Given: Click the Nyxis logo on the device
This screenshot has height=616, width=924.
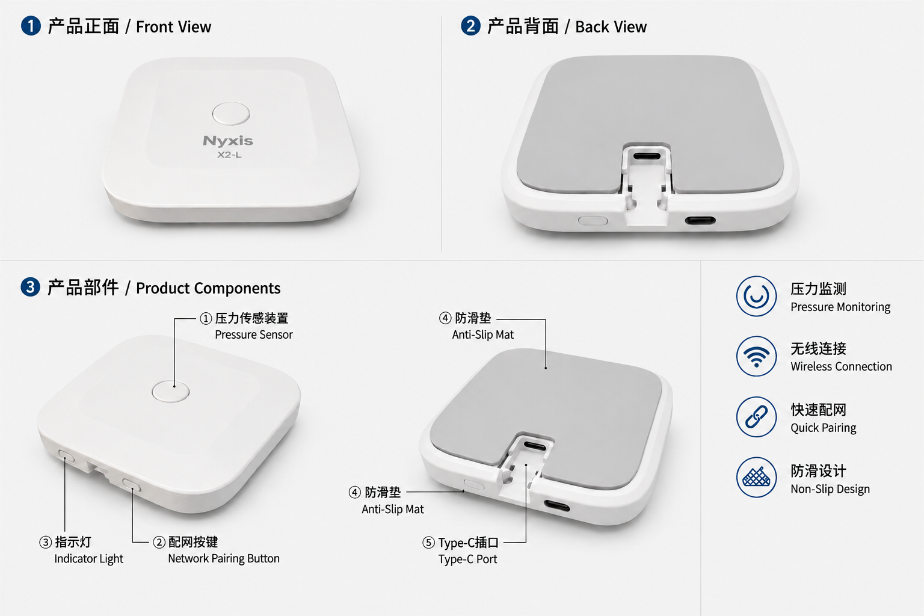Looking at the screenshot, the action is (x=228, y=141).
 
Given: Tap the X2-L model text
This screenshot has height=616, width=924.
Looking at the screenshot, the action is (x=229, y=155).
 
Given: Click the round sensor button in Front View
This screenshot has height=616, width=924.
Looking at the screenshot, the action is (x=231, y=114).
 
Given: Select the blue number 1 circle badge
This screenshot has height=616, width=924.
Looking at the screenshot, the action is (x=31, y=26).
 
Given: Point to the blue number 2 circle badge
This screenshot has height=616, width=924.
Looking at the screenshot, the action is (x=470, y=26).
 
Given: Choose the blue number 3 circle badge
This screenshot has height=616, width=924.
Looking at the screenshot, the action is (x=31, y=287).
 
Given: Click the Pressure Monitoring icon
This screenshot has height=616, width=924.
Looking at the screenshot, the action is (x=756, y=296).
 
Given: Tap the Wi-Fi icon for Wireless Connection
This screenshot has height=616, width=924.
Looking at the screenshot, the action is (x=756, y=356).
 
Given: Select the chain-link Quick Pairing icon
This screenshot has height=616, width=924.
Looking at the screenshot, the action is (x=756, y=417).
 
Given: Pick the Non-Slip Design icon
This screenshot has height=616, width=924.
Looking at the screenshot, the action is (x=756, y=478).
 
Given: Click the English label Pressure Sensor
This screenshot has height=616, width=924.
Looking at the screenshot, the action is (x=254, y=334).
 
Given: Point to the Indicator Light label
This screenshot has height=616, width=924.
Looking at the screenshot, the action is (x=88, y=559).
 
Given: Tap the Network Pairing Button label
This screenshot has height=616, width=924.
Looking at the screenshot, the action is (x=224, y=559).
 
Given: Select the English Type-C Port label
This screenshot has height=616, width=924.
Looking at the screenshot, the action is (x=467, y=559).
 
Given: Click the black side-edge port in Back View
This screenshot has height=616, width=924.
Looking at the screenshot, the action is (x=700, y=221).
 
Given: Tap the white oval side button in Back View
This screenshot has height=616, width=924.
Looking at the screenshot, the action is (x=593, y=221).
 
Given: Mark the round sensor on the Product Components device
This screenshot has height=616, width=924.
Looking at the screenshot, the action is (x=170, y=391).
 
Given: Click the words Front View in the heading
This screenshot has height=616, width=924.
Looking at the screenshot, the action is (x=174, y=27).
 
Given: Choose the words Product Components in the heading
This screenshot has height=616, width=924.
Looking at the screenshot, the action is (x=208, y=288).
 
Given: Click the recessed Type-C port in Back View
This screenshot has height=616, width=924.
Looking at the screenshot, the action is (x=647, y=156).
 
